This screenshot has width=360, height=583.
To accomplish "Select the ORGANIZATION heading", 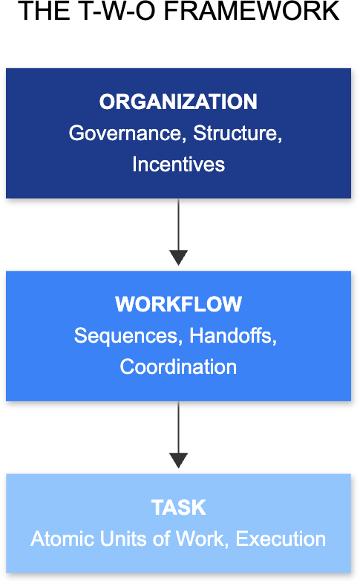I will [x=178, y=102].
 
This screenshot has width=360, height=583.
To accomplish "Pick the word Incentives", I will [x=178, y=164].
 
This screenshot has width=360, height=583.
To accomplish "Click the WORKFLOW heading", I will [x=178, y=304].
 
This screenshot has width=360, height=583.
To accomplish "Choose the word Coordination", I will [x=178, y=366].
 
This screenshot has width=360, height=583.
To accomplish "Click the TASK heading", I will [x=178, y=507].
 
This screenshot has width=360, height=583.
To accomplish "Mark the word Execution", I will [x=281, y=538].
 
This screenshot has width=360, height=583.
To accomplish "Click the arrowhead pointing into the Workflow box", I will [x=178, y=257].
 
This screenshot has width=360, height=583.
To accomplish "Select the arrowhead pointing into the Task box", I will [x=178, y=460].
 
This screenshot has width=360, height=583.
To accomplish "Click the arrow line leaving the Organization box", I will [x=178, y=223].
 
